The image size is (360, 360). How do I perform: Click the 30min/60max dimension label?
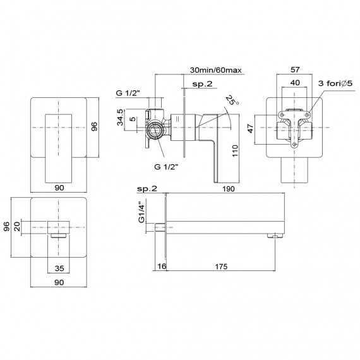[x=216, y=70]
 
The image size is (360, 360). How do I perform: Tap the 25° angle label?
[x=232, y=100]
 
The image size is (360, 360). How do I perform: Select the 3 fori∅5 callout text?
[x=335, y=83]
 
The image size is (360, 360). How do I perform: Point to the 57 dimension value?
[x=295, y=69]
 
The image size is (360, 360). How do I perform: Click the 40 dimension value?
[x=295, y=83]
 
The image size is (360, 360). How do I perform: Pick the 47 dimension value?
[x=251, y=128]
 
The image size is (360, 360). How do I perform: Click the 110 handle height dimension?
[x=235, y=150]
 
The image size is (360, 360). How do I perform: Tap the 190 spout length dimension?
[x=229, y=189]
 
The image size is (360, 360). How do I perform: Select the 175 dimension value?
[x=221, y=267]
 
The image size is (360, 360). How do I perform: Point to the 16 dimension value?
[x=162, y=266]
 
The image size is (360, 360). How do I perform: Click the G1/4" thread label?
[x=141, y=213]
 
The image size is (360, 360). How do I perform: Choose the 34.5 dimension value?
[x=120, y=117]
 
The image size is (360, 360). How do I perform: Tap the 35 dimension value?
[x=59, y=268]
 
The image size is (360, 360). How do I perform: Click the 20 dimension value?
[x=17, y=227]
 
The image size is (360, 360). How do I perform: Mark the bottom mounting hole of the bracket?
[x=294, y=145]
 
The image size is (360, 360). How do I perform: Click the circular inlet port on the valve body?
[x=155, y=131]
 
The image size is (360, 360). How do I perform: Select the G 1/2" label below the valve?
[x=166, y=167]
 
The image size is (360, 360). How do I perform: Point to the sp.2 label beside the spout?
[x=147, y=189]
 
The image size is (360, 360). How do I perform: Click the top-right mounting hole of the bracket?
[x=307, y=114]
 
